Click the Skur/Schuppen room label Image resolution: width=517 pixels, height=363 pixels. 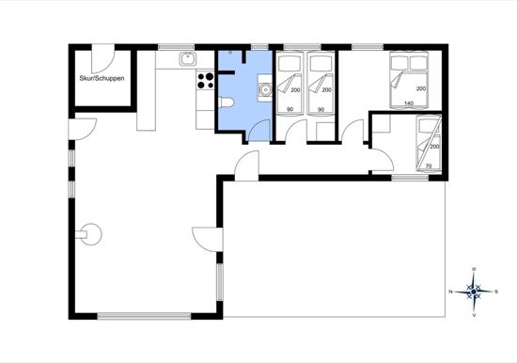[x=102, y=79]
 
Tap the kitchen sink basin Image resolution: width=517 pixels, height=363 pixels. [x=188, y=59]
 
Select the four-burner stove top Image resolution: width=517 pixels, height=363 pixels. [x=205, y=81]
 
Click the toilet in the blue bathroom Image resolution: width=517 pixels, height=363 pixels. [x=227, y=103]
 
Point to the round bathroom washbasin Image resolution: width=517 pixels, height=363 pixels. [x=265, y=89]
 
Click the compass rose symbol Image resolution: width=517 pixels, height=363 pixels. [x=474, y=292]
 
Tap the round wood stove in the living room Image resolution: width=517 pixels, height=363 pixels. [x=89, y=234]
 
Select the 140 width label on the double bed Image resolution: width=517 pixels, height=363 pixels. [x=409, y=103]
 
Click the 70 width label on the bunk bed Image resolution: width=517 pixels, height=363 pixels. [x=429, y=166]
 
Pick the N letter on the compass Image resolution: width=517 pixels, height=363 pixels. [x=450, y=292]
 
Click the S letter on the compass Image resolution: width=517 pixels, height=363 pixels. [x=496, y=292]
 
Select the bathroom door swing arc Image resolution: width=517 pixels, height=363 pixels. [x=259, y=131]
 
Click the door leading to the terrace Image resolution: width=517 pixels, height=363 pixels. [x=208, y=240]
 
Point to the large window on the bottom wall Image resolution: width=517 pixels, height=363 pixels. [x=144, y=316]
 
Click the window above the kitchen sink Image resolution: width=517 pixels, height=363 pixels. [x=177, y=47]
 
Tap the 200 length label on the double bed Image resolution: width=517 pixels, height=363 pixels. [x=421, y=88]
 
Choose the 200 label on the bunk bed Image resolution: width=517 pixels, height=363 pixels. [x=434, y=147]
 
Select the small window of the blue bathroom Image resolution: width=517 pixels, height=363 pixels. [x=259, y=47]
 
